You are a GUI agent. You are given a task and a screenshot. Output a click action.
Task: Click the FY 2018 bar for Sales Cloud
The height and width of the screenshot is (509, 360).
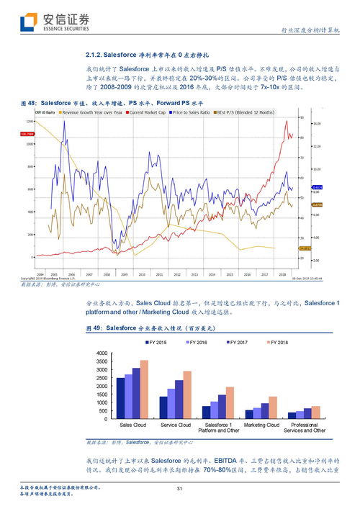[144, 389]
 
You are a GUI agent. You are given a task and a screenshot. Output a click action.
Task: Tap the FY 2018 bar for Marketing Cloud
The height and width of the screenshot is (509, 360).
[273, 407]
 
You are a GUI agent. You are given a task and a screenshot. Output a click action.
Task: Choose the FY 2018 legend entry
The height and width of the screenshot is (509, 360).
[276, 342]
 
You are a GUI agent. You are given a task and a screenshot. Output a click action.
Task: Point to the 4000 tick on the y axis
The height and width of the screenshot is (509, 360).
[101, 353]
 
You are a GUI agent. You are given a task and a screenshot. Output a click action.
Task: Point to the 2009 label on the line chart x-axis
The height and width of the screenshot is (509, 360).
[124, 274]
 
